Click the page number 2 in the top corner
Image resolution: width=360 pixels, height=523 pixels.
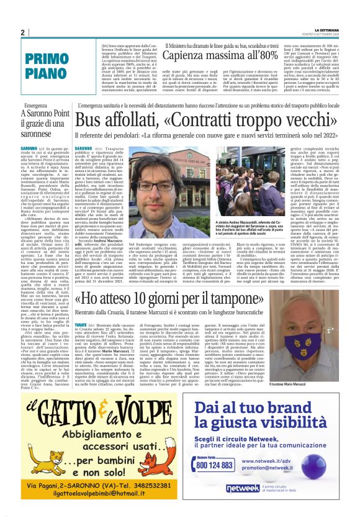pyautogui.click(x=22, y=32)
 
